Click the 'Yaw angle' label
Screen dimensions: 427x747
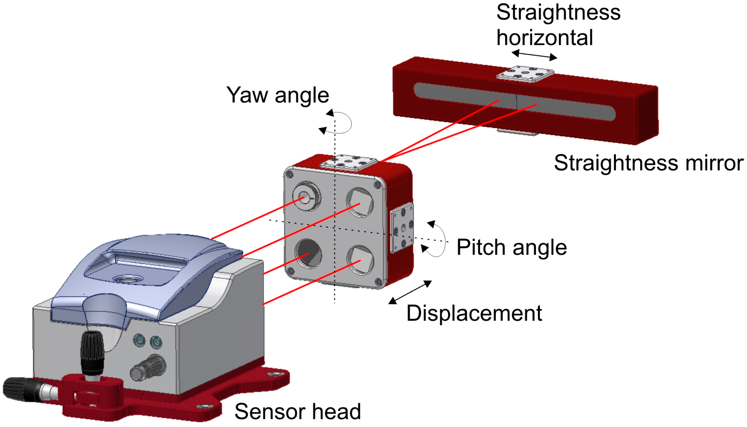point(277,95)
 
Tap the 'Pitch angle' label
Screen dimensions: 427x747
point(511,247)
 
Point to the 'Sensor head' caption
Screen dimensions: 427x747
point(298,411)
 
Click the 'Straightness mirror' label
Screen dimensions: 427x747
point(648,163)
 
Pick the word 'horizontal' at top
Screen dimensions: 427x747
point(545,38)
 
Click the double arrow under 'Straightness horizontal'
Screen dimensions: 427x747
point(534,55)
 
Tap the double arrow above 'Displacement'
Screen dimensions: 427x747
point(410,292)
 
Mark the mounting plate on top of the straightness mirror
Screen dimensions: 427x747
point(525,74)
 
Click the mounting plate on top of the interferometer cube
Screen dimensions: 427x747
point(348,162)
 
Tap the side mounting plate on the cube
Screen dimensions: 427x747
point(402,228)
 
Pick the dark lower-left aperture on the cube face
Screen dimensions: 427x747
point(308,254)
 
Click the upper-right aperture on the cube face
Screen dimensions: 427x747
point(360,202)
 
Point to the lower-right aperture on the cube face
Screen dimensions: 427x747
point(360,260)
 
